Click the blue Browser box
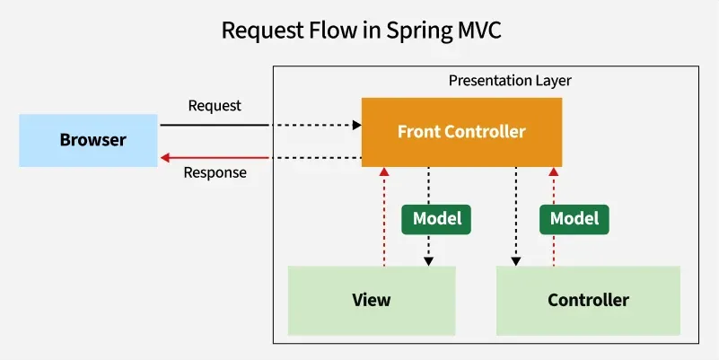pos(92,140)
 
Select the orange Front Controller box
pos(461,131)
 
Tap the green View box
pos(372,300)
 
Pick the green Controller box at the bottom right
pos(588,300)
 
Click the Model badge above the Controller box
pos(574,218)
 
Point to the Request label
pos(215,106)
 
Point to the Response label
pos(215,172)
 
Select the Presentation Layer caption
pos(510,81)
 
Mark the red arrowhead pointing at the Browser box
pos(165,158)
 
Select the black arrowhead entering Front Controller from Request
pos(356,125)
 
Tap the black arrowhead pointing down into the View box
pos(429,261)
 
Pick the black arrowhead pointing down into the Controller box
pos(516,261)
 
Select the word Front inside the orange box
pos(418,131)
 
